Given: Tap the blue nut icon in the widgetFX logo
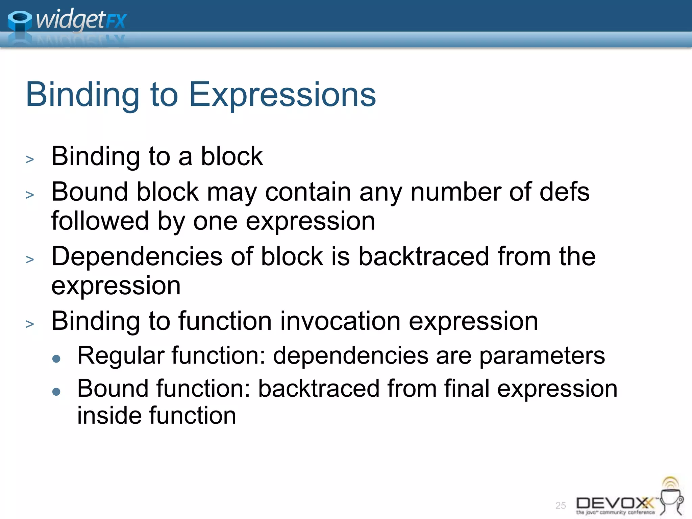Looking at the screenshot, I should [x=20, y=21].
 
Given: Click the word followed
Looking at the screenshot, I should [x=100, y=221].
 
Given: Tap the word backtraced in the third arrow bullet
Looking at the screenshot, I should [x=423, y=256].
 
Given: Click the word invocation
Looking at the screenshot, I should [x=340, y=321].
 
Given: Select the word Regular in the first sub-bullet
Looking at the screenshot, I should [x=121, y=355].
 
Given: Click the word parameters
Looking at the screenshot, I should [x=542, y=356].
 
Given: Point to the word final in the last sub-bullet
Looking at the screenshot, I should [x=467, y=389].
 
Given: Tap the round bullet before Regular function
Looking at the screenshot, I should [x=56, y=359].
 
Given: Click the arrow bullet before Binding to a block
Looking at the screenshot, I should [x=30, y=159].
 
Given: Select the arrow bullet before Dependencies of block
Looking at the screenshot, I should [x=30, y=259].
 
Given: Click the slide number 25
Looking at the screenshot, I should [x=561, y=505].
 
